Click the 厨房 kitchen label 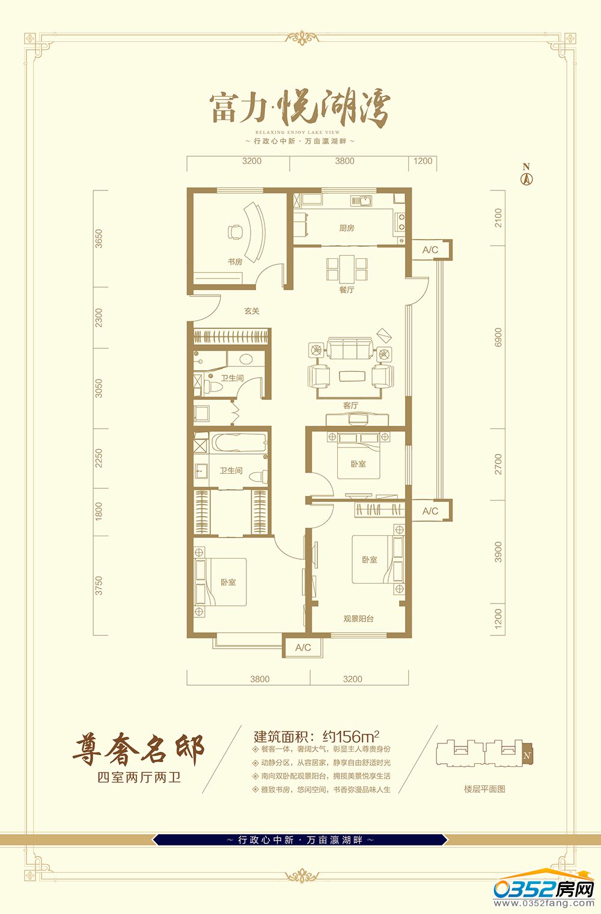coord(347,228)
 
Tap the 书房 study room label coord(235,262)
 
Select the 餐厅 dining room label coord(347,289)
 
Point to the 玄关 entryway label coord(252,311)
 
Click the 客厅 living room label coord(351,405)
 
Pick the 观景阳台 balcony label coord(358,619)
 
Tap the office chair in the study coord(235,232)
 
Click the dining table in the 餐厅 coord(347,268)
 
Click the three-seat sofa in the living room coord(349,348)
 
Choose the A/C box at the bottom coord(303,647)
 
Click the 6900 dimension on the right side coord(498,337)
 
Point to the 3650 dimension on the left coord(99,238)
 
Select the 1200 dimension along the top coord(423,161)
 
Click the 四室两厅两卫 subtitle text coord(139,777)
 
